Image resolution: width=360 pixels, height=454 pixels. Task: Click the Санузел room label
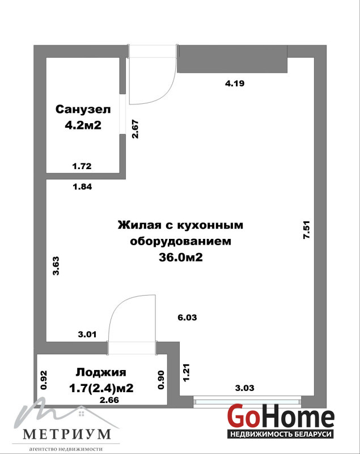[x=83, y=110]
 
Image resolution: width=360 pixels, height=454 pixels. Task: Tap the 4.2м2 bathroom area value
[x=83, y=125]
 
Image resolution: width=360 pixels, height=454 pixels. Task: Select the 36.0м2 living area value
[x=180, y=257]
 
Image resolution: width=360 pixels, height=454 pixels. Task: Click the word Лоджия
[x=101, y=372]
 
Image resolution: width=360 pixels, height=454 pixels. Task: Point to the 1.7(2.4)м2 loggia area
[x=101, y=388]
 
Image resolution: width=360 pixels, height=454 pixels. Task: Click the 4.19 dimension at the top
[x=235, y=83]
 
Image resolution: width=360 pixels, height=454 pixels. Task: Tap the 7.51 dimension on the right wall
[x=306, y=230]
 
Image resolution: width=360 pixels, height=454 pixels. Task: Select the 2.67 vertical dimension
[x=135, y=129]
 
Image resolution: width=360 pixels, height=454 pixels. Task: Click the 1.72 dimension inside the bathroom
[x=82, y=166]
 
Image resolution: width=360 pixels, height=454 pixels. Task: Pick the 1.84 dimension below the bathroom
[x=82, y=187]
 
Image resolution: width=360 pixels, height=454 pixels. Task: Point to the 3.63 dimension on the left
[x=56, y=266]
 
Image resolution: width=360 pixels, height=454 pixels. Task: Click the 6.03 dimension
[x=187, y=317]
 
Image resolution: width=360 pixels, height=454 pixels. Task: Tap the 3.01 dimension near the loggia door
[x=87, y=334]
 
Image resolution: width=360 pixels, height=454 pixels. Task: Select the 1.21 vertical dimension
[x=186, y=372]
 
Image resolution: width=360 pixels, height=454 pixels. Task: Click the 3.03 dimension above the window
[x=244, y=388]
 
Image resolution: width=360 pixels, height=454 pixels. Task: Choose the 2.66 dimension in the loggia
[x=109, y=400]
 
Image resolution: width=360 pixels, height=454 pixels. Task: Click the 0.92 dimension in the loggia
[x=44, y=380]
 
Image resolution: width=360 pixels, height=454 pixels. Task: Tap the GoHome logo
[x=281, y=420]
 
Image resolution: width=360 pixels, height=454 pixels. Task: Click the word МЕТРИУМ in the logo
[x=67, y=434]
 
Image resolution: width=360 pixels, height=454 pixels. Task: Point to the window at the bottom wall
[x=247, y=402]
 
